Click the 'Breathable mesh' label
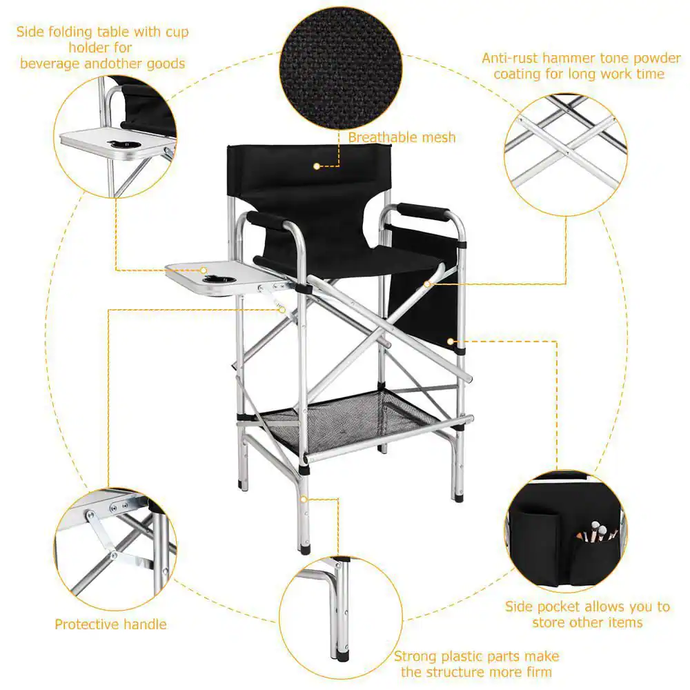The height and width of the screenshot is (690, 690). coord(402,138)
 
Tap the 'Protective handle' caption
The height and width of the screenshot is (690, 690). coord(110,624)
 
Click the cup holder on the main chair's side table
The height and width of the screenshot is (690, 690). coord(215,279)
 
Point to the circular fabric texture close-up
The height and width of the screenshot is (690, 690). coord(341,68)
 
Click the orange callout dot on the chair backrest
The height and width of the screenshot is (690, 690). coord(317,166)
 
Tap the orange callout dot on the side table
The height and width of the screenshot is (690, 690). coord(204,270)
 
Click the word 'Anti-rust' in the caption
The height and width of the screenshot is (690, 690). coord(510,59)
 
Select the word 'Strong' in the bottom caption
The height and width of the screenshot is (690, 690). coord(415,656)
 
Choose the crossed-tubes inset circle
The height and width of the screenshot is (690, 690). coord(566,155)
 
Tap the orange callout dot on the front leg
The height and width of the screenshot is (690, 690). coord(304,499)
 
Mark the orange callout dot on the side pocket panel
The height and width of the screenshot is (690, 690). coord(450,342)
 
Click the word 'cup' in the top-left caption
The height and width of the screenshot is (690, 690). coord(177,32)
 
